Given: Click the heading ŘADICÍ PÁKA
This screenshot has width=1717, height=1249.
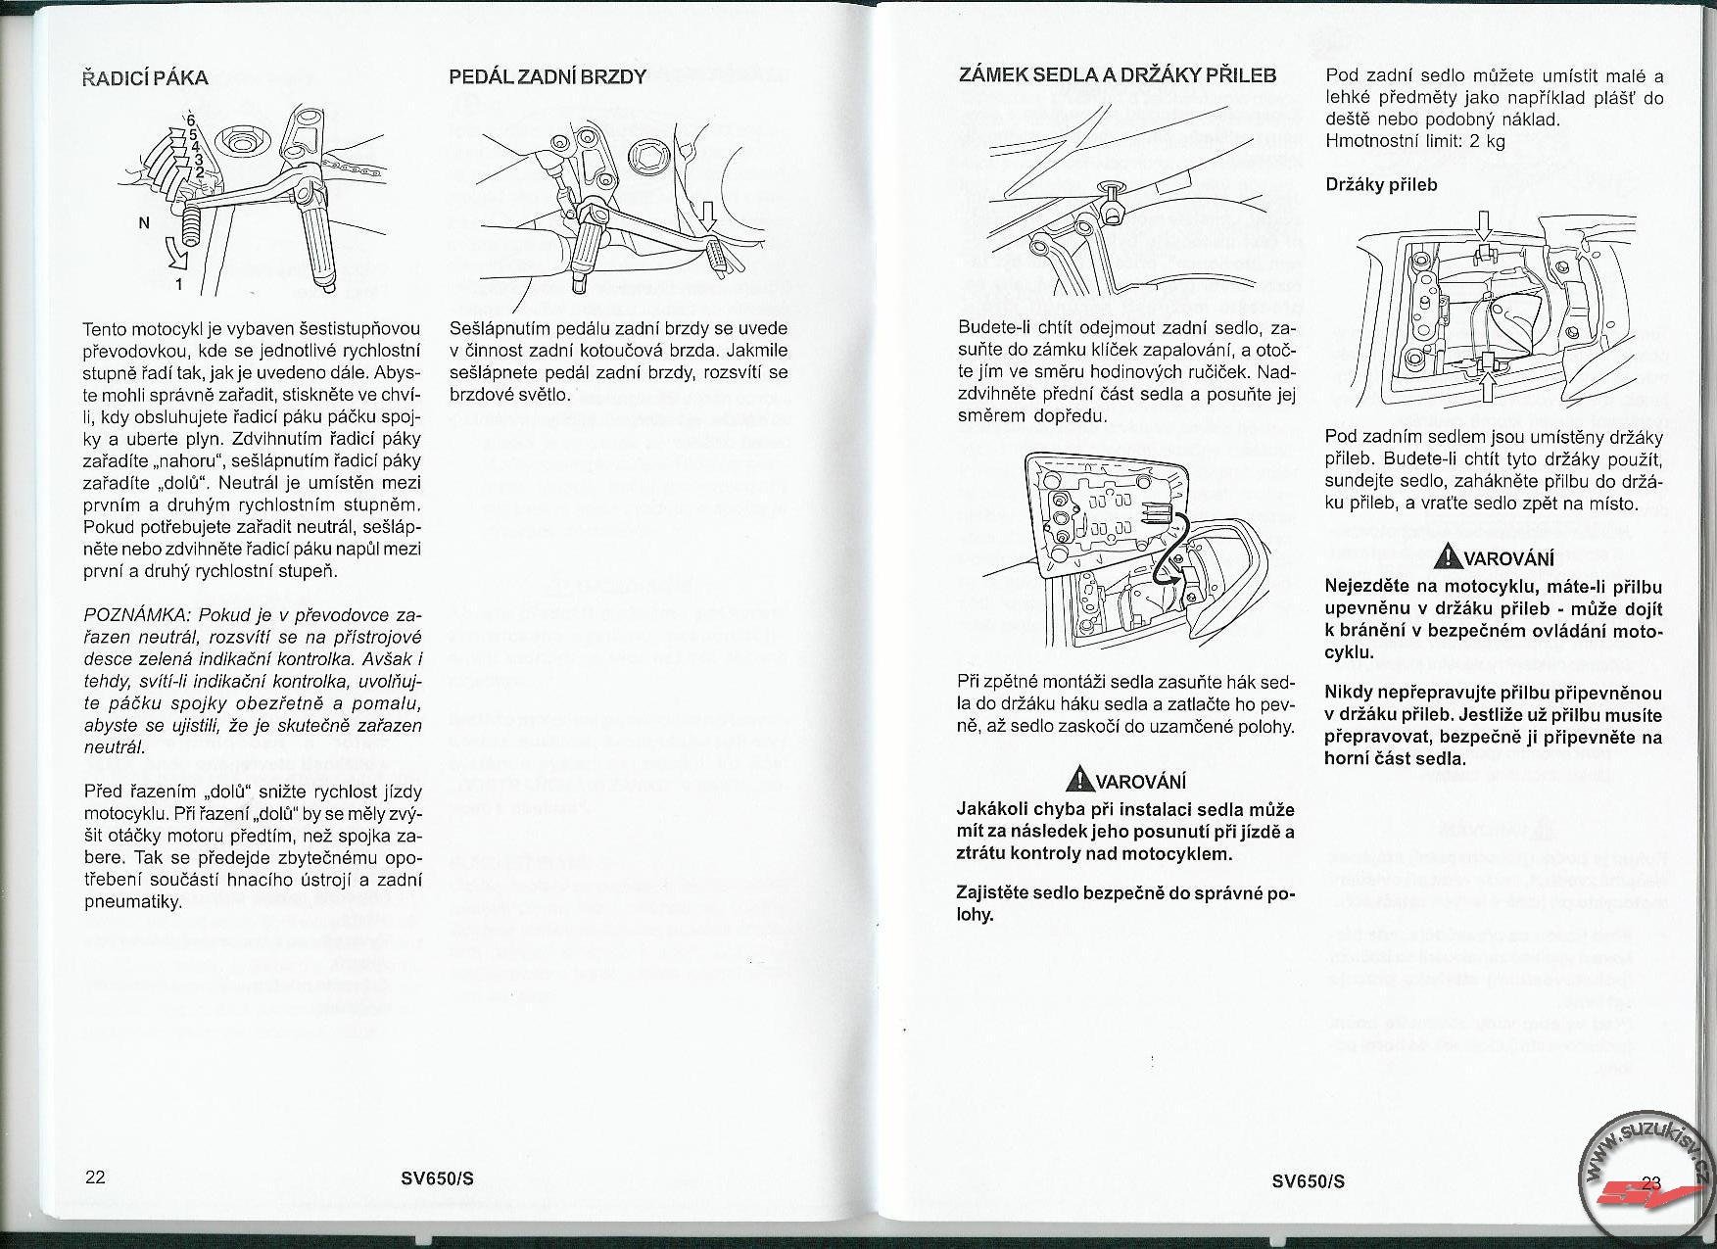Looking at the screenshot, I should tap(146, 77).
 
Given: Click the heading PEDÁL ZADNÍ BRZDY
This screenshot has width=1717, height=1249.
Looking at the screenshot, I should tap(547, 76).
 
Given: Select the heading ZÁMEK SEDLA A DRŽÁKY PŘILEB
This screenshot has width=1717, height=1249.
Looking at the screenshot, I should tap(1117, 75).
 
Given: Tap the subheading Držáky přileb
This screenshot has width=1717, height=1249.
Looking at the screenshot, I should tap(1381, 184).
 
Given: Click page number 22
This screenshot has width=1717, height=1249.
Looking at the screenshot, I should tap(95, 1177).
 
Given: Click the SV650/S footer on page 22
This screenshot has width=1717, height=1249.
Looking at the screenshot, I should tap(437, 1178).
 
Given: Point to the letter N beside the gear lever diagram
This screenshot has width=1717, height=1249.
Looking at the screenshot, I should tap(144, 222).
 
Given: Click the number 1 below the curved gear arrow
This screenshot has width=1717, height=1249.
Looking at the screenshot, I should tap(179, 286).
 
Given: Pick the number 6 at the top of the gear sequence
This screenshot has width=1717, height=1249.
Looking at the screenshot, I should tap(177, 121).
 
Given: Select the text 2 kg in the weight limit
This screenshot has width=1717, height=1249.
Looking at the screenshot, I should tap(1485, 141).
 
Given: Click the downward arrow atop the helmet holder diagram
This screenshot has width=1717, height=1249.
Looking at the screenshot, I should tap(1484, 228).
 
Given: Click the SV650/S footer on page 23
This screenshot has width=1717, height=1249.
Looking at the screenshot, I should tap(1308, 1180).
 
